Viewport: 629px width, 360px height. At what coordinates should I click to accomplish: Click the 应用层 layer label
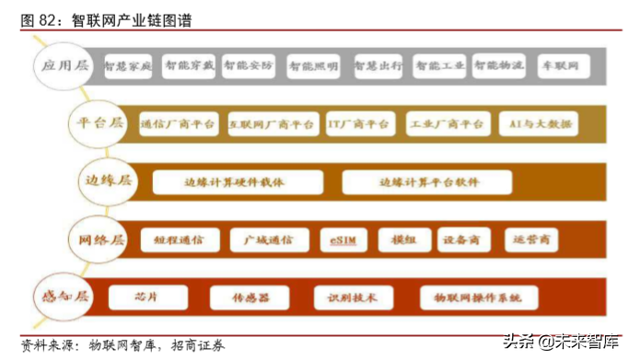[x=64, y=65]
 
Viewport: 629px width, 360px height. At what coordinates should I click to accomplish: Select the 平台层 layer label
[x=99, y=122]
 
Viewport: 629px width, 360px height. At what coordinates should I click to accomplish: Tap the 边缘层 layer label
[x=108, y=180]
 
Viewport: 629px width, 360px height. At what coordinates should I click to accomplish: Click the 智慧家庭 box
[x=128, y=66]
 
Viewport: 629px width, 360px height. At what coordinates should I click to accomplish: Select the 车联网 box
[x=560, y=66]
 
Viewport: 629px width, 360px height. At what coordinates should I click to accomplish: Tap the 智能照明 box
[x=313, y=66]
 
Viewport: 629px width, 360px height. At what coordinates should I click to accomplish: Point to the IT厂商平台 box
[x=359, y=123]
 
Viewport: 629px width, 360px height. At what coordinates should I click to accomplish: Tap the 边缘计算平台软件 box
[x=428, y=181]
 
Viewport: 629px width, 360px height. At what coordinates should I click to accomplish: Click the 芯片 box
[x=147, y=297]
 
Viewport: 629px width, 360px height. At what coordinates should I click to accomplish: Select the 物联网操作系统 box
[x=477, y=297]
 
